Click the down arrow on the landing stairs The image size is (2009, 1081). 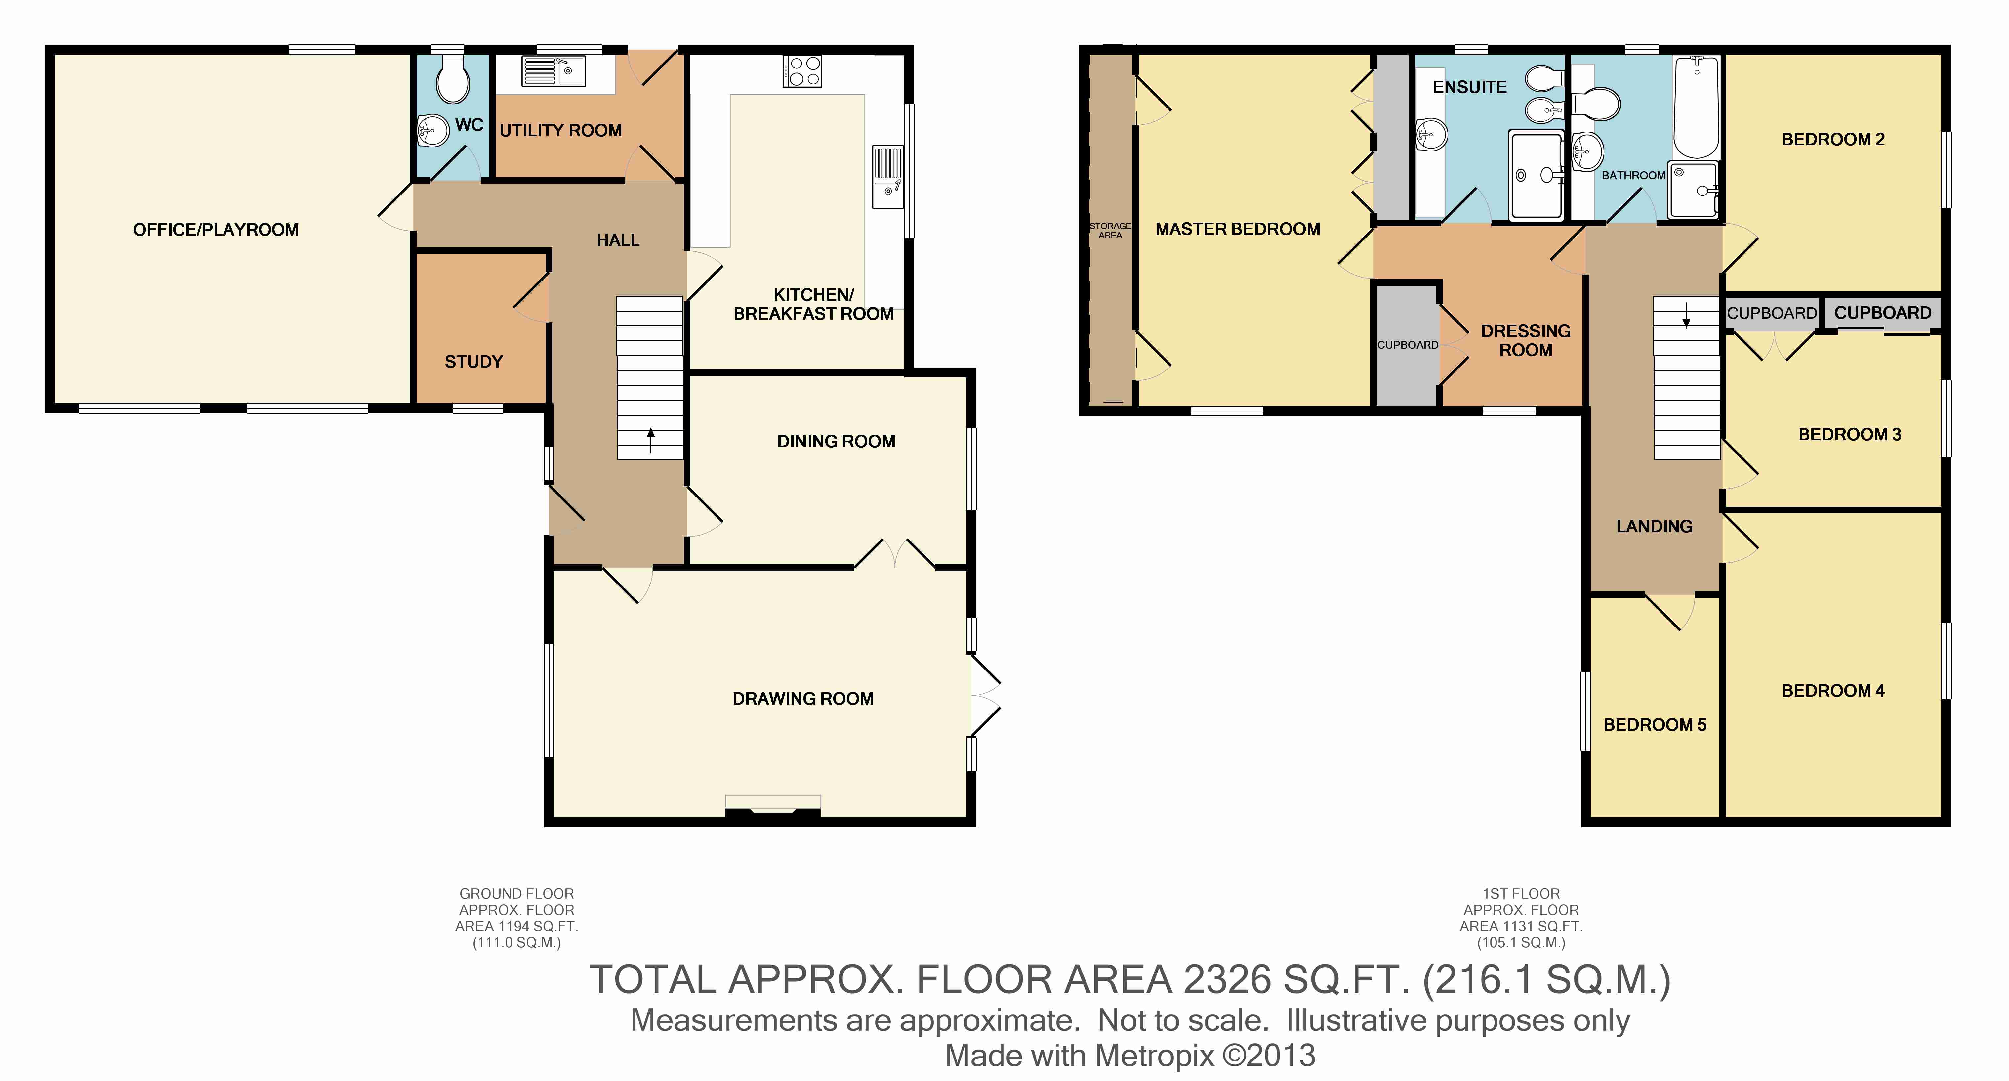1686,314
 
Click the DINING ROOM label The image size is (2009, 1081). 836,442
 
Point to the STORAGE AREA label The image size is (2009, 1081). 1110,230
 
